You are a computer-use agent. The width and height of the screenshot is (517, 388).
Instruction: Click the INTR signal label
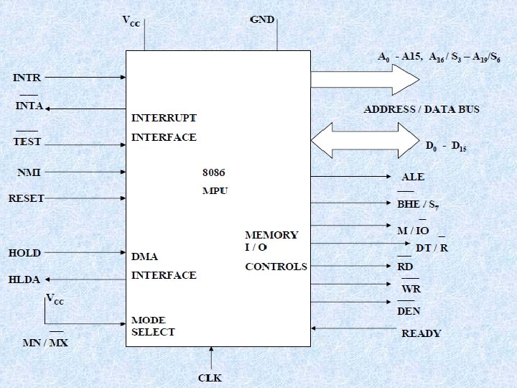point(27,76)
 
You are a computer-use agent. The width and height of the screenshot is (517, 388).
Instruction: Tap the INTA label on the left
point(29,106)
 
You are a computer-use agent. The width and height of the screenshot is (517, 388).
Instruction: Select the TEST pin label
point(27,142)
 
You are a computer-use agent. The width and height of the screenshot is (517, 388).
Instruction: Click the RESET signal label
point(27,198)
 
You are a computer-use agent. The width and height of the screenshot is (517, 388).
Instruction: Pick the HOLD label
point(24,253)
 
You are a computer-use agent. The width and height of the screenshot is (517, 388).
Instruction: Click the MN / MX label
point(45,343)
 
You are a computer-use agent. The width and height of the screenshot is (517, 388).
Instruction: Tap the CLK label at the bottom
point(210,378)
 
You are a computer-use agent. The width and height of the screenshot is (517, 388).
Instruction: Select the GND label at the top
point(262,19)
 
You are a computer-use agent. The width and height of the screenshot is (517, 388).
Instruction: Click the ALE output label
point(413,177)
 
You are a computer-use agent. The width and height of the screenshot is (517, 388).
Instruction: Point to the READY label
point(421,333)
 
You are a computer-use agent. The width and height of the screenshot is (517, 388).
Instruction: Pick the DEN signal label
point(409,311)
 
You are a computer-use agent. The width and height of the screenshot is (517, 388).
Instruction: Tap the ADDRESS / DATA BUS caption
point(421,109)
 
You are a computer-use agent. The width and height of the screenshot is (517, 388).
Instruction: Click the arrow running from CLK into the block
point(212,358)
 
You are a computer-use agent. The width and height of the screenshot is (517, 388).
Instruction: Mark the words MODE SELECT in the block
point(153,325)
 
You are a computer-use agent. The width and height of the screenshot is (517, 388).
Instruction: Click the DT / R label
point(432,248)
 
